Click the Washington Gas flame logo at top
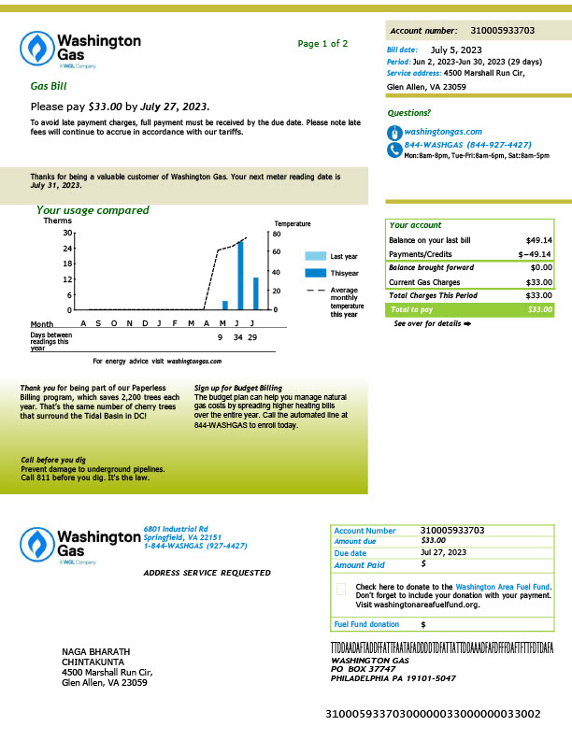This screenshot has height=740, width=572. (x=38, y=48)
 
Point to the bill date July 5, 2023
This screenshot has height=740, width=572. (x=456, y=50)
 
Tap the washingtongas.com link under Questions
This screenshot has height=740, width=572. (x=443, y=132)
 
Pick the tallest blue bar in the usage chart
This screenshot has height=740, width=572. (x=240, y=275)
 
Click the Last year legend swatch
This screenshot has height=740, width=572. (x=315, y=256)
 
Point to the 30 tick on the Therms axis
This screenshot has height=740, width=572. (x=68, y=233)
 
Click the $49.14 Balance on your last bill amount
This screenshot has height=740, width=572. (x=538, y=240)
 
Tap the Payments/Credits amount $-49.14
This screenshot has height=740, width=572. (x=535, y=254)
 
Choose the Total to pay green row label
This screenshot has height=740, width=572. (x=411, y=309)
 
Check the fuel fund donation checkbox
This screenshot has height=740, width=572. (x=340, y=589)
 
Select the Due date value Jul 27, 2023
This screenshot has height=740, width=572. (x=444, y=552)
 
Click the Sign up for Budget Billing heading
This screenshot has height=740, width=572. (x=237, y=388)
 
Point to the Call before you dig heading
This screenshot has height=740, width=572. (x=54, y=461)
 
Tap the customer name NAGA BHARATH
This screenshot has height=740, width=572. (x=95, y=651)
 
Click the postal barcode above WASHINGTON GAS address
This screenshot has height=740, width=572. (x=442, y=647)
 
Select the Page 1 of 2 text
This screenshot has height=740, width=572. (x=322, y=44)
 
